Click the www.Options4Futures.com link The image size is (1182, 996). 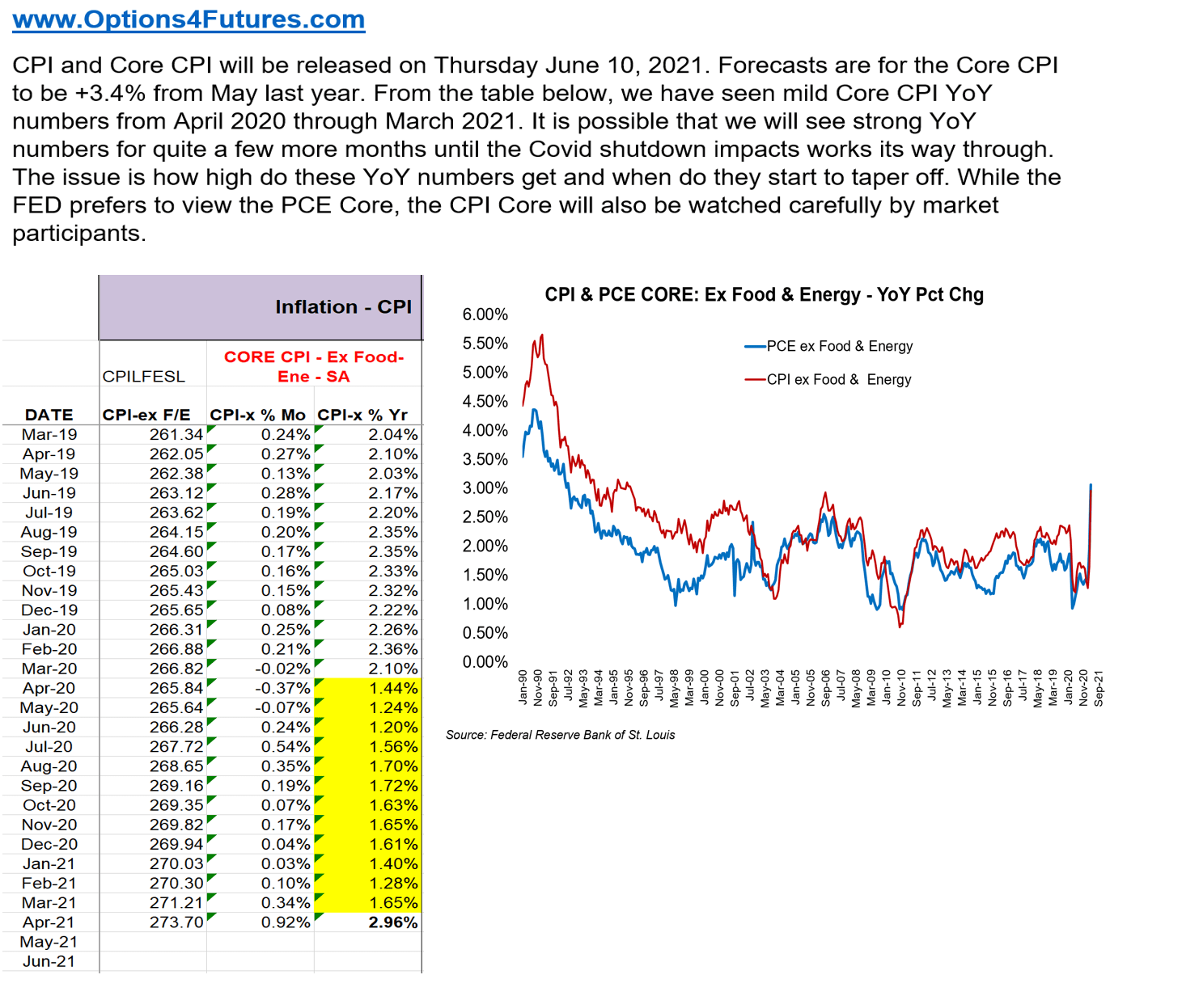pos(189,19)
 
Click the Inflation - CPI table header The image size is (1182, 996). pos(342,307)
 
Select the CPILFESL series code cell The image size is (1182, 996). pos(144,377)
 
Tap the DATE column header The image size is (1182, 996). pos(49,415)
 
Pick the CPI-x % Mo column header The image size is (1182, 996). pos(258,415)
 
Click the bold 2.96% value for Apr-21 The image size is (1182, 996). pos(392,922)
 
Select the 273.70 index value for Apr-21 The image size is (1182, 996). pos(176,922)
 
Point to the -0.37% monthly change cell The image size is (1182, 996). pos(282,688)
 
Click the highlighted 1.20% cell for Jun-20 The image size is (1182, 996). pos(393,727)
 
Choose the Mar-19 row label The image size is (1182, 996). pos(49,435)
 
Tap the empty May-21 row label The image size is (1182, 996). pos(49,942)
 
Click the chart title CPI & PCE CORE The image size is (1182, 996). pos(764,295)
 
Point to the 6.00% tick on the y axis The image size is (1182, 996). pos(485,314)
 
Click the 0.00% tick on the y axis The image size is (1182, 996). pos(485,662)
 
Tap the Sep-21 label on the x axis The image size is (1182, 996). pos(1099,689)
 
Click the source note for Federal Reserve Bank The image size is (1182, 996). pos(560,735)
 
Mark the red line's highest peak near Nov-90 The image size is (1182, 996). pos(541,335)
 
